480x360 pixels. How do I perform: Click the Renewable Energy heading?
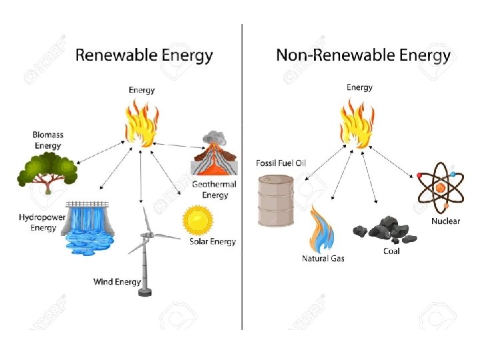click(x=144, y=55)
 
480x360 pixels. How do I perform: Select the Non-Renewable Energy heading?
click(x=363, y=55)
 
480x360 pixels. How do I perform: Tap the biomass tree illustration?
click(x=47, y=172)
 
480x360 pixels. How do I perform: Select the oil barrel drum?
click(x=275, y=200)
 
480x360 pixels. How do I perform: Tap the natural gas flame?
click(x=321, y=229)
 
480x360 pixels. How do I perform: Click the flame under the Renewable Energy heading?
click(x=141, y=123)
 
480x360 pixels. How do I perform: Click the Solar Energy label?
click(x=213, y=242)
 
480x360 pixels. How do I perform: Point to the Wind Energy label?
click(x=117, y=282)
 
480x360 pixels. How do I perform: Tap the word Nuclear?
click(x=445, y=221)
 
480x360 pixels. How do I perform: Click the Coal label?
click(x=391, y=251)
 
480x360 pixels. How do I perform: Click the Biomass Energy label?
click(x=47, y=140)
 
